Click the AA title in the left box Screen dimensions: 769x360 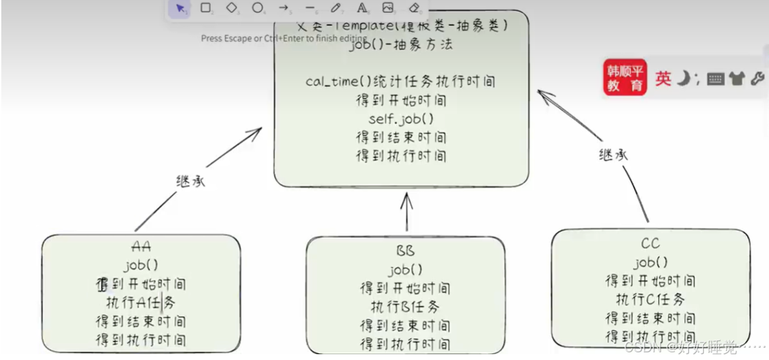click(x=141, y=246)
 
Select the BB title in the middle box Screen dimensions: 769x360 click(x=406, y=250)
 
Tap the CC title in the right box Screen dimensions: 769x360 click(x=650, y=243)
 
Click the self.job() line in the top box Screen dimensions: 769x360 click(x=401, y=119)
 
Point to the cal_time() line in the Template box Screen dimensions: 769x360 click(x=401, y=82)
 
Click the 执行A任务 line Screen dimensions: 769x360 click(x=141, y=302)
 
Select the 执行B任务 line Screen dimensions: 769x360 click(x=405, y=306)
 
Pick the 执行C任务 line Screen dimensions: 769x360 click(x=650, y=299)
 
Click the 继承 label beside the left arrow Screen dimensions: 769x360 click(x=190, y=181)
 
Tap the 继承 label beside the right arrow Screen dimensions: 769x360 click(x=613, y=155)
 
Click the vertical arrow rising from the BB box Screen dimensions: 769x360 click(x=406, y=212)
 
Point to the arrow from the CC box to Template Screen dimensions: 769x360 click(x=600, y=152)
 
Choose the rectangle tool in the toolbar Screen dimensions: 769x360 click(x=206, y=8)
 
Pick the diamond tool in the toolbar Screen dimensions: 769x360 click(x=232, y=8)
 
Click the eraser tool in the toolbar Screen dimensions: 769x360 click(x=414, y=8)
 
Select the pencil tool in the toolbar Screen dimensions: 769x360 click(x=335, y=8)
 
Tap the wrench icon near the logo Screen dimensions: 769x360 click(x=757, y=79)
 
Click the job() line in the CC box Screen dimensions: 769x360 click(x=650, y=263)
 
